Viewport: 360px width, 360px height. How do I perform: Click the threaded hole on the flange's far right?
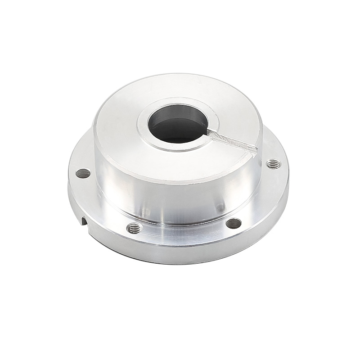[x=271, y=164]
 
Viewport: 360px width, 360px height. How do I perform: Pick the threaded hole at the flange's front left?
[x=134, y=228]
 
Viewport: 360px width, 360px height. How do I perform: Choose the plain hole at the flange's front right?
[x=233, y=223]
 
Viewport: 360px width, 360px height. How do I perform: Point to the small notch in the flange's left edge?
[x=84, y=220]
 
